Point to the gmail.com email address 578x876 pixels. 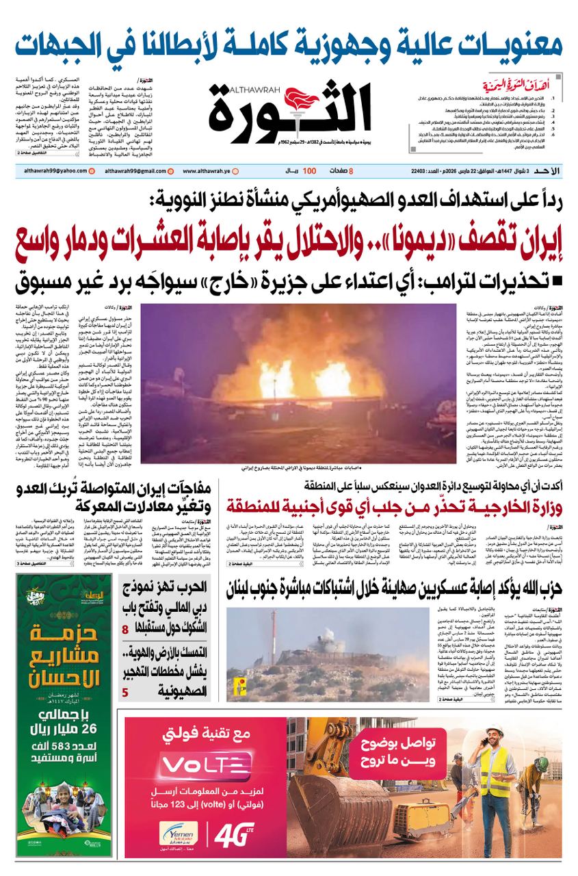click(127, 170)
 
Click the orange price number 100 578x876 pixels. click(309, 170)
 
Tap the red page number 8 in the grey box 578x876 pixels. click(125, 630)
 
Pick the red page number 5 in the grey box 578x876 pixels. click(125, 693)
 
